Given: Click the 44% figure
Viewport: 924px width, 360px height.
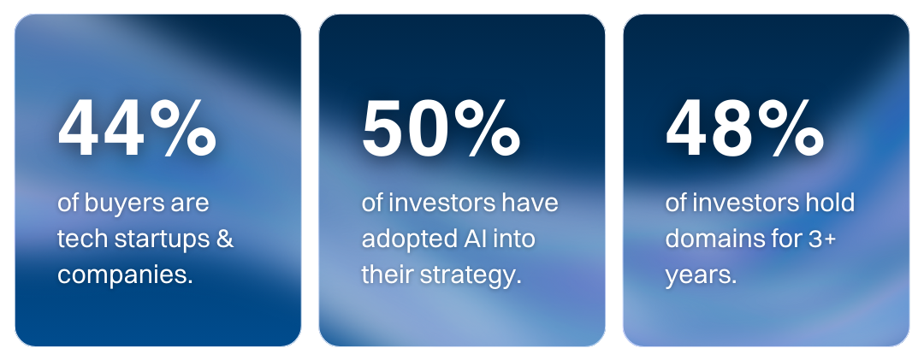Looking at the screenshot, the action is click(137, 128).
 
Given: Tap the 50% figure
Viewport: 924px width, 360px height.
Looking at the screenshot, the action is click(441, 128).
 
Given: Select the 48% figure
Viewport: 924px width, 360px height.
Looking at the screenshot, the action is click(745, 128).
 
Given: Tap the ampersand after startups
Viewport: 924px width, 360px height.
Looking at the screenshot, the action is click(225, 239).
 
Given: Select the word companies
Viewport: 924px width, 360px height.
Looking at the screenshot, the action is click(125, 275).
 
